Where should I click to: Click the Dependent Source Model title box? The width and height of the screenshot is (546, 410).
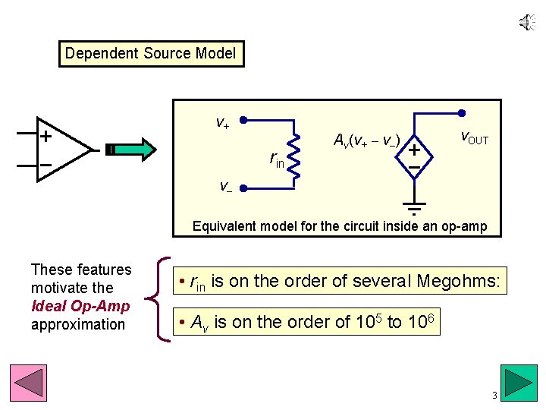pyautogui.click(x=151, y=54)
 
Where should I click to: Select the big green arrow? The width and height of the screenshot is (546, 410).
pyautogui.click(x=137, y=150)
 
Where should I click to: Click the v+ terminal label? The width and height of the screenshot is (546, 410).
pyautogui.click(x=223, y=121)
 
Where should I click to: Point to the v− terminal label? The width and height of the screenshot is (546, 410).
pyautogui.click(x=225, y=185)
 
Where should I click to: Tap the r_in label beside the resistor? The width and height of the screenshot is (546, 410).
pyautogui.click(x=277, y=159)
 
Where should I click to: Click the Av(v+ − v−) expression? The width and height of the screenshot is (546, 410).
pyautogui.click(x=366, y=140)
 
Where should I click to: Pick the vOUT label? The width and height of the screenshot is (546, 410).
pyautogui.click(x=475, y=138)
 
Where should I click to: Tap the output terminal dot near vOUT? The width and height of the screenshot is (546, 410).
pyautogui.click(x=462, y=113)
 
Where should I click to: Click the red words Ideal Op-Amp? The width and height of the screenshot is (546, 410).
pyautogui.click(x=80, y=306)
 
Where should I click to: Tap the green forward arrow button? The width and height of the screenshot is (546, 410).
pyautogui.click(x=520, y=382)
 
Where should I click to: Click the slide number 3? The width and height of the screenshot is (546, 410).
pyautogui.click(x=494, y=396)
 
